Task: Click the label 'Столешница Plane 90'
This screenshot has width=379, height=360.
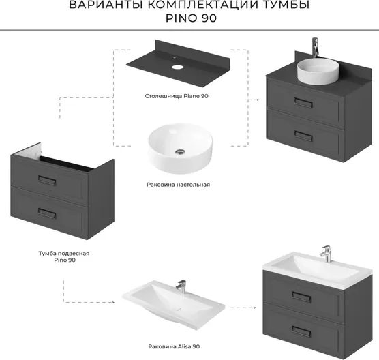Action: coord(177,96)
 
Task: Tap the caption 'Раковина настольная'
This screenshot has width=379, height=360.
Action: coord(179,185)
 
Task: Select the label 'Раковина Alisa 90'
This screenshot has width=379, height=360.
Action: coord(174,346)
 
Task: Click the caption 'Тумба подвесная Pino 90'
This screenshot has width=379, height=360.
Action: coord(64,256)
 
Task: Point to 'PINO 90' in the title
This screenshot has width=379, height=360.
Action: coord(191,18)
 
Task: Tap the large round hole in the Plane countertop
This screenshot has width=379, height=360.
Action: coord(177,67)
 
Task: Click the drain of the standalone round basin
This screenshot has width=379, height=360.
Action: coord(180,151)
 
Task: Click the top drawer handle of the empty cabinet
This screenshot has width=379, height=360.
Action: coord(47,181)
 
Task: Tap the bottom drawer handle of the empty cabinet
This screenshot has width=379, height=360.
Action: coord(47,213)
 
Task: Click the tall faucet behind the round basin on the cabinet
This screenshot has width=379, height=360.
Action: coord(315,48)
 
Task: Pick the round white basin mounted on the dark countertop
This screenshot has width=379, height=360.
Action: coord(318,72)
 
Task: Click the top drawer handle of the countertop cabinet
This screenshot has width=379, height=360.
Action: coord(303,103)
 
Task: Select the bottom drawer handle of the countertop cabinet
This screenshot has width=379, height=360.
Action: coord(303,136)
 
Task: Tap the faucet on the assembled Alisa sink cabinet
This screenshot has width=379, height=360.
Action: coord(326,254)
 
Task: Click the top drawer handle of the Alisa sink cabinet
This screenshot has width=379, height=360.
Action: coord(301,297)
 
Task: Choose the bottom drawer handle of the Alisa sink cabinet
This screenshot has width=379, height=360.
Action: coord(301,331)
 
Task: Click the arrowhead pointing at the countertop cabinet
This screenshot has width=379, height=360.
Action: coord(258,100)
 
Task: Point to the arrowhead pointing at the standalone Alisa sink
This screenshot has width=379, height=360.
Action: coord(112,302)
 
